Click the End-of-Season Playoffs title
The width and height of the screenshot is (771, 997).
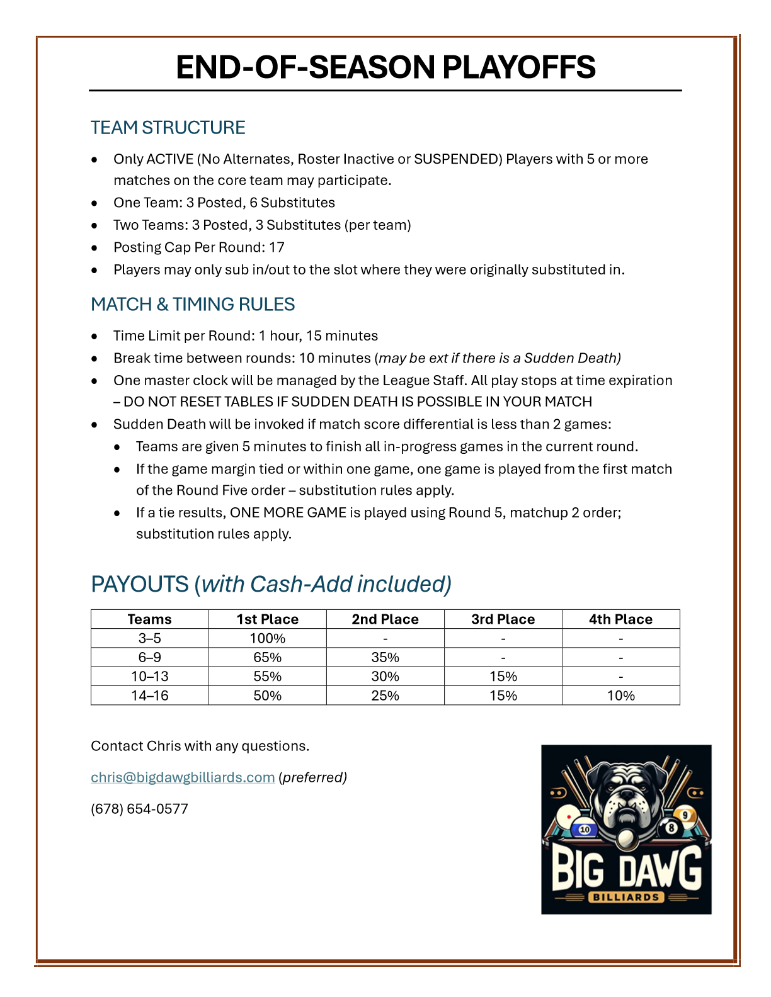385,67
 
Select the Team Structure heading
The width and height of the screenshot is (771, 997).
168,128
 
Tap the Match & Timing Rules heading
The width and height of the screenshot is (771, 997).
193,305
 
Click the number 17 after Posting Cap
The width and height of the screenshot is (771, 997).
277,247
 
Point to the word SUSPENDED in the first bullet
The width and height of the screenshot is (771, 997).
457,159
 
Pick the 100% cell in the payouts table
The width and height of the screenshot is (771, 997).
267,638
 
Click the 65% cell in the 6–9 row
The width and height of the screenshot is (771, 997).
267,657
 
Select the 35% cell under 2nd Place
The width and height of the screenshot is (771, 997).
385,657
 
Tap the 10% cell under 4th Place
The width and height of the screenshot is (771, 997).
620,696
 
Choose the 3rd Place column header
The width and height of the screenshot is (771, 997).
503,619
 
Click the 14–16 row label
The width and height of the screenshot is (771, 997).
149,696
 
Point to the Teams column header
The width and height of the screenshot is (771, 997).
149,619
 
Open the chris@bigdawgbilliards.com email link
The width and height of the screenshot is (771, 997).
183,777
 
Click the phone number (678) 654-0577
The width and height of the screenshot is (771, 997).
139,809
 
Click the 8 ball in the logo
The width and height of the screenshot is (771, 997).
671,827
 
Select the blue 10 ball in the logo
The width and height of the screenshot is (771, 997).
585,830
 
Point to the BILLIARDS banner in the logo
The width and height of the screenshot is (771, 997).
626,897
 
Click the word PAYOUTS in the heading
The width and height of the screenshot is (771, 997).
140,584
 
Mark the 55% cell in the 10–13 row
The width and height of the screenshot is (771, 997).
267,677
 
